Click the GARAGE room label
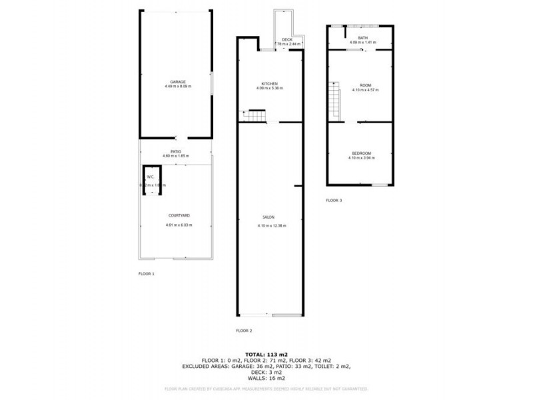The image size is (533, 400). click(177, 81)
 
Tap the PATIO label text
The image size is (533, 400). click(176, 151)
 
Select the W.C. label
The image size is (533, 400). click(151, 177)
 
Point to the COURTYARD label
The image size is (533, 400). click(179, 216)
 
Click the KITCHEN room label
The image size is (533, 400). click(269, 83)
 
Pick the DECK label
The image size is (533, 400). click(287, 40)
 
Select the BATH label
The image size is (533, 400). click(362, 38)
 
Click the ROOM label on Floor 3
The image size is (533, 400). click(365, 85)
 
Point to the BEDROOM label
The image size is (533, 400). click(362, 153)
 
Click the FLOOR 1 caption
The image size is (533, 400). click(146, 274)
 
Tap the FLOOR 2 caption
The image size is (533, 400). click(245, 331)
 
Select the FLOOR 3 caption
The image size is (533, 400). click(334, 200)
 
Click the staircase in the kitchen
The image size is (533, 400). click(257, 118)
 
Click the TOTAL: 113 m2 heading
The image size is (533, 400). click(266, 354)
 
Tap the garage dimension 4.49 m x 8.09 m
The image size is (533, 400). click(178, 87)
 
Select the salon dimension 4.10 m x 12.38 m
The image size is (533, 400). click(271, 225)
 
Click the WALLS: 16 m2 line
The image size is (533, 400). click(266, 378)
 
